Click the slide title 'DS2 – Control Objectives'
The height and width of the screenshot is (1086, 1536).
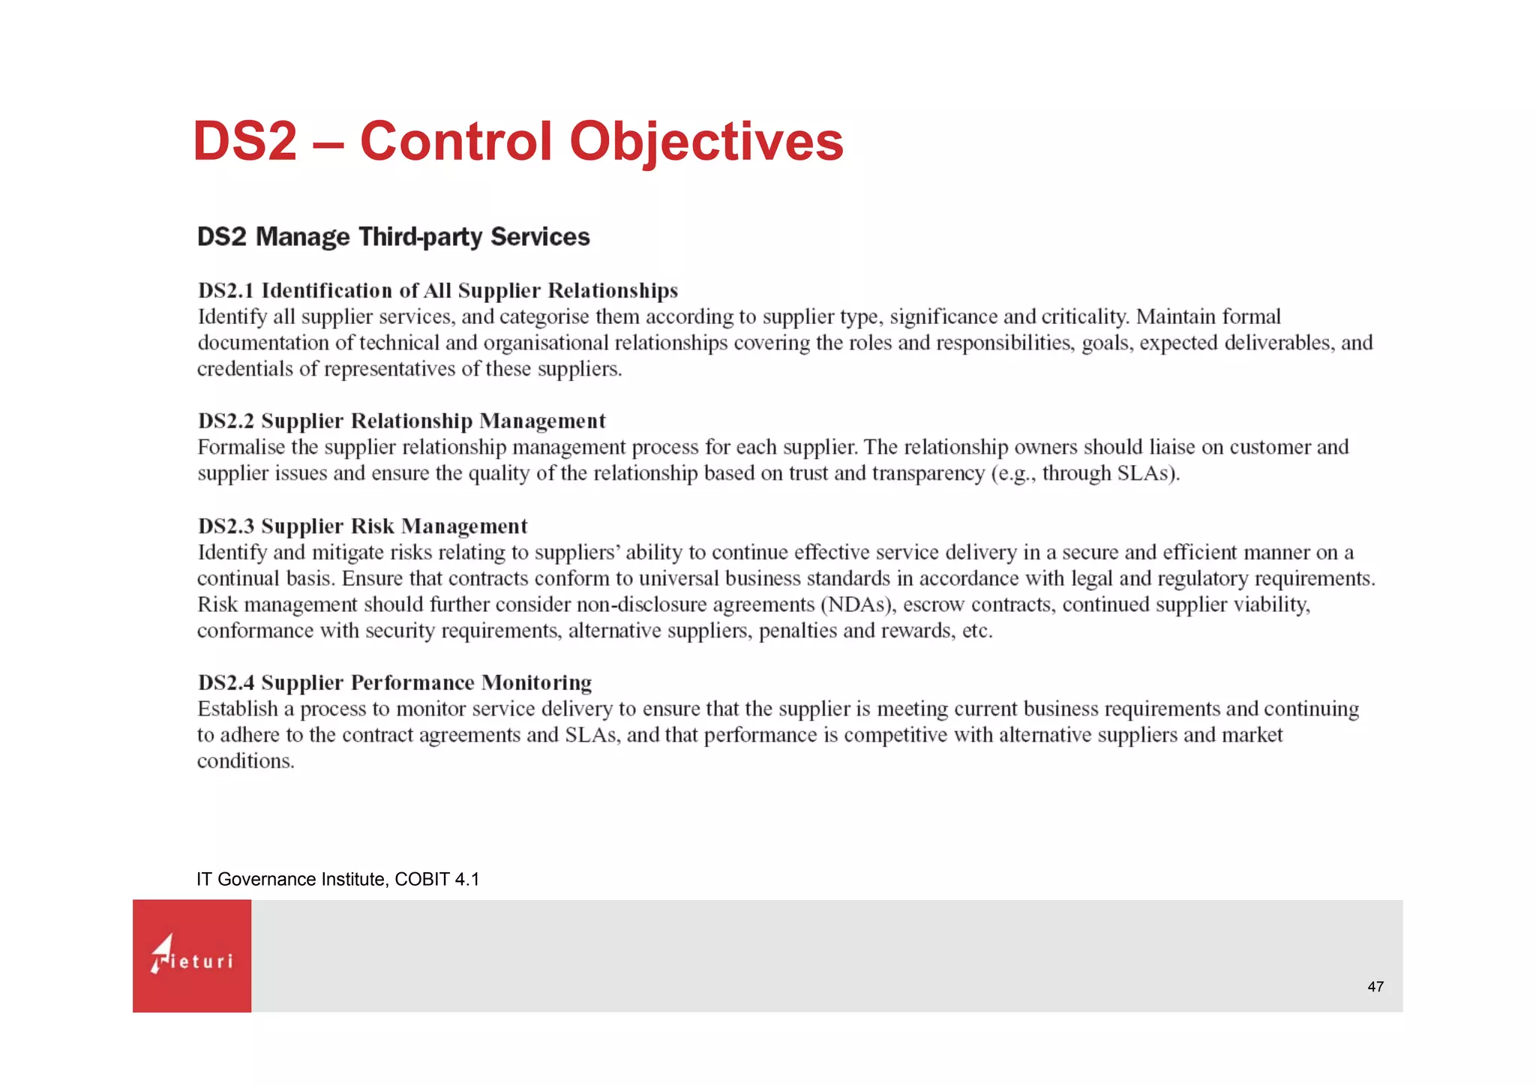click(517, 142)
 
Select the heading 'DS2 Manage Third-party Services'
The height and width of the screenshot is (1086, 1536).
click(393, 237)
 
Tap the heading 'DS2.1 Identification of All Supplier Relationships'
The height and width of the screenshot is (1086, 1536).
click(438, 291)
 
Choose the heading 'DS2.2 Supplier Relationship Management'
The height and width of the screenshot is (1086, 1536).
click(401, 421)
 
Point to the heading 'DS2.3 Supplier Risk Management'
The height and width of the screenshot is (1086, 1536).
click(362, 526)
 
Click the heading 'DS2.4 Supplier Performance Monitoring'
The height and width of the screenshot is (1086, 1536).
click(394, 683)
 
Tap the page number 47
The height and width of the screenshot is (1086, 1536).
click(1375, 987)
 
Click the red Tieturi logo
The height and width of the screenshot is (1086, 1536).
click(192, 956)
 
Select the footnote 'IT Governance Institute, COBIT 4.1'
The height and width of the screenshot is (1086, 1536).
click(337, 880)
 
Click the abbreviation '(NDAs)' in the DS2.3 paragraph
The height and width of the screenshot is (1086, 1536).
click(858, 605)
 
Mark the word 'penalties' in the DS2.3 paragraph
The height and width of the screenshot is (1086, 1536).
click(797, 631)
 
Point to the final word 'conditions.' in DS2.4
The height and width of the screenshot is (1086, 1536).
click(245, 762)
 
